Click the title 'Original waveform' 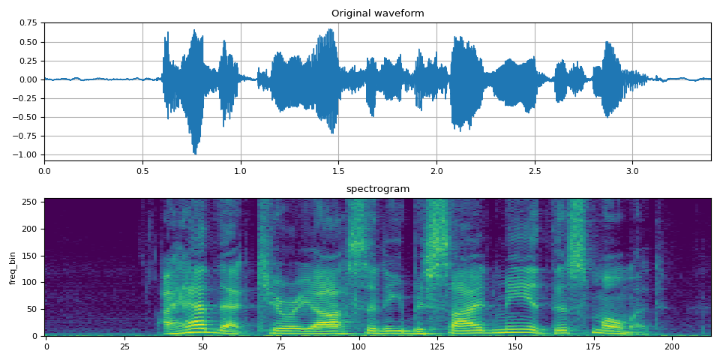click(x=377, y=13)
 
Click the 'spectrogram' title click(x=377, y=189)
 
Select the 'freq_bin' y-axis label click(x=13, y=268)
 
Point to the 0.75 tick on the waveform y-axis click(x=29, y=23)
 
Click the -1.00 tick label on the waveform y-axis click(x=28, y=155)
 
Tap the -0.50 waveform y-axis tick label click(x=28, y=117)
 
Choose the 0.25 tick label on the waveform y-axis click(x=29, y=61)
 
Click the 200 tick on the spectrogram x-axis click(x=672, y=346)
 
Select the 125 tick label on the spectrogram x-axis click(x=436, y=346)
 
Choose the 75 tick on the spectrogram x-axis click(x=280, y=346)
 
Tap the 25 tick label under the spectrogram click(x=124, y=346)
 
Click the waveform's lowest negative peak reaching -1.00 click(x=195, y=153)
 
